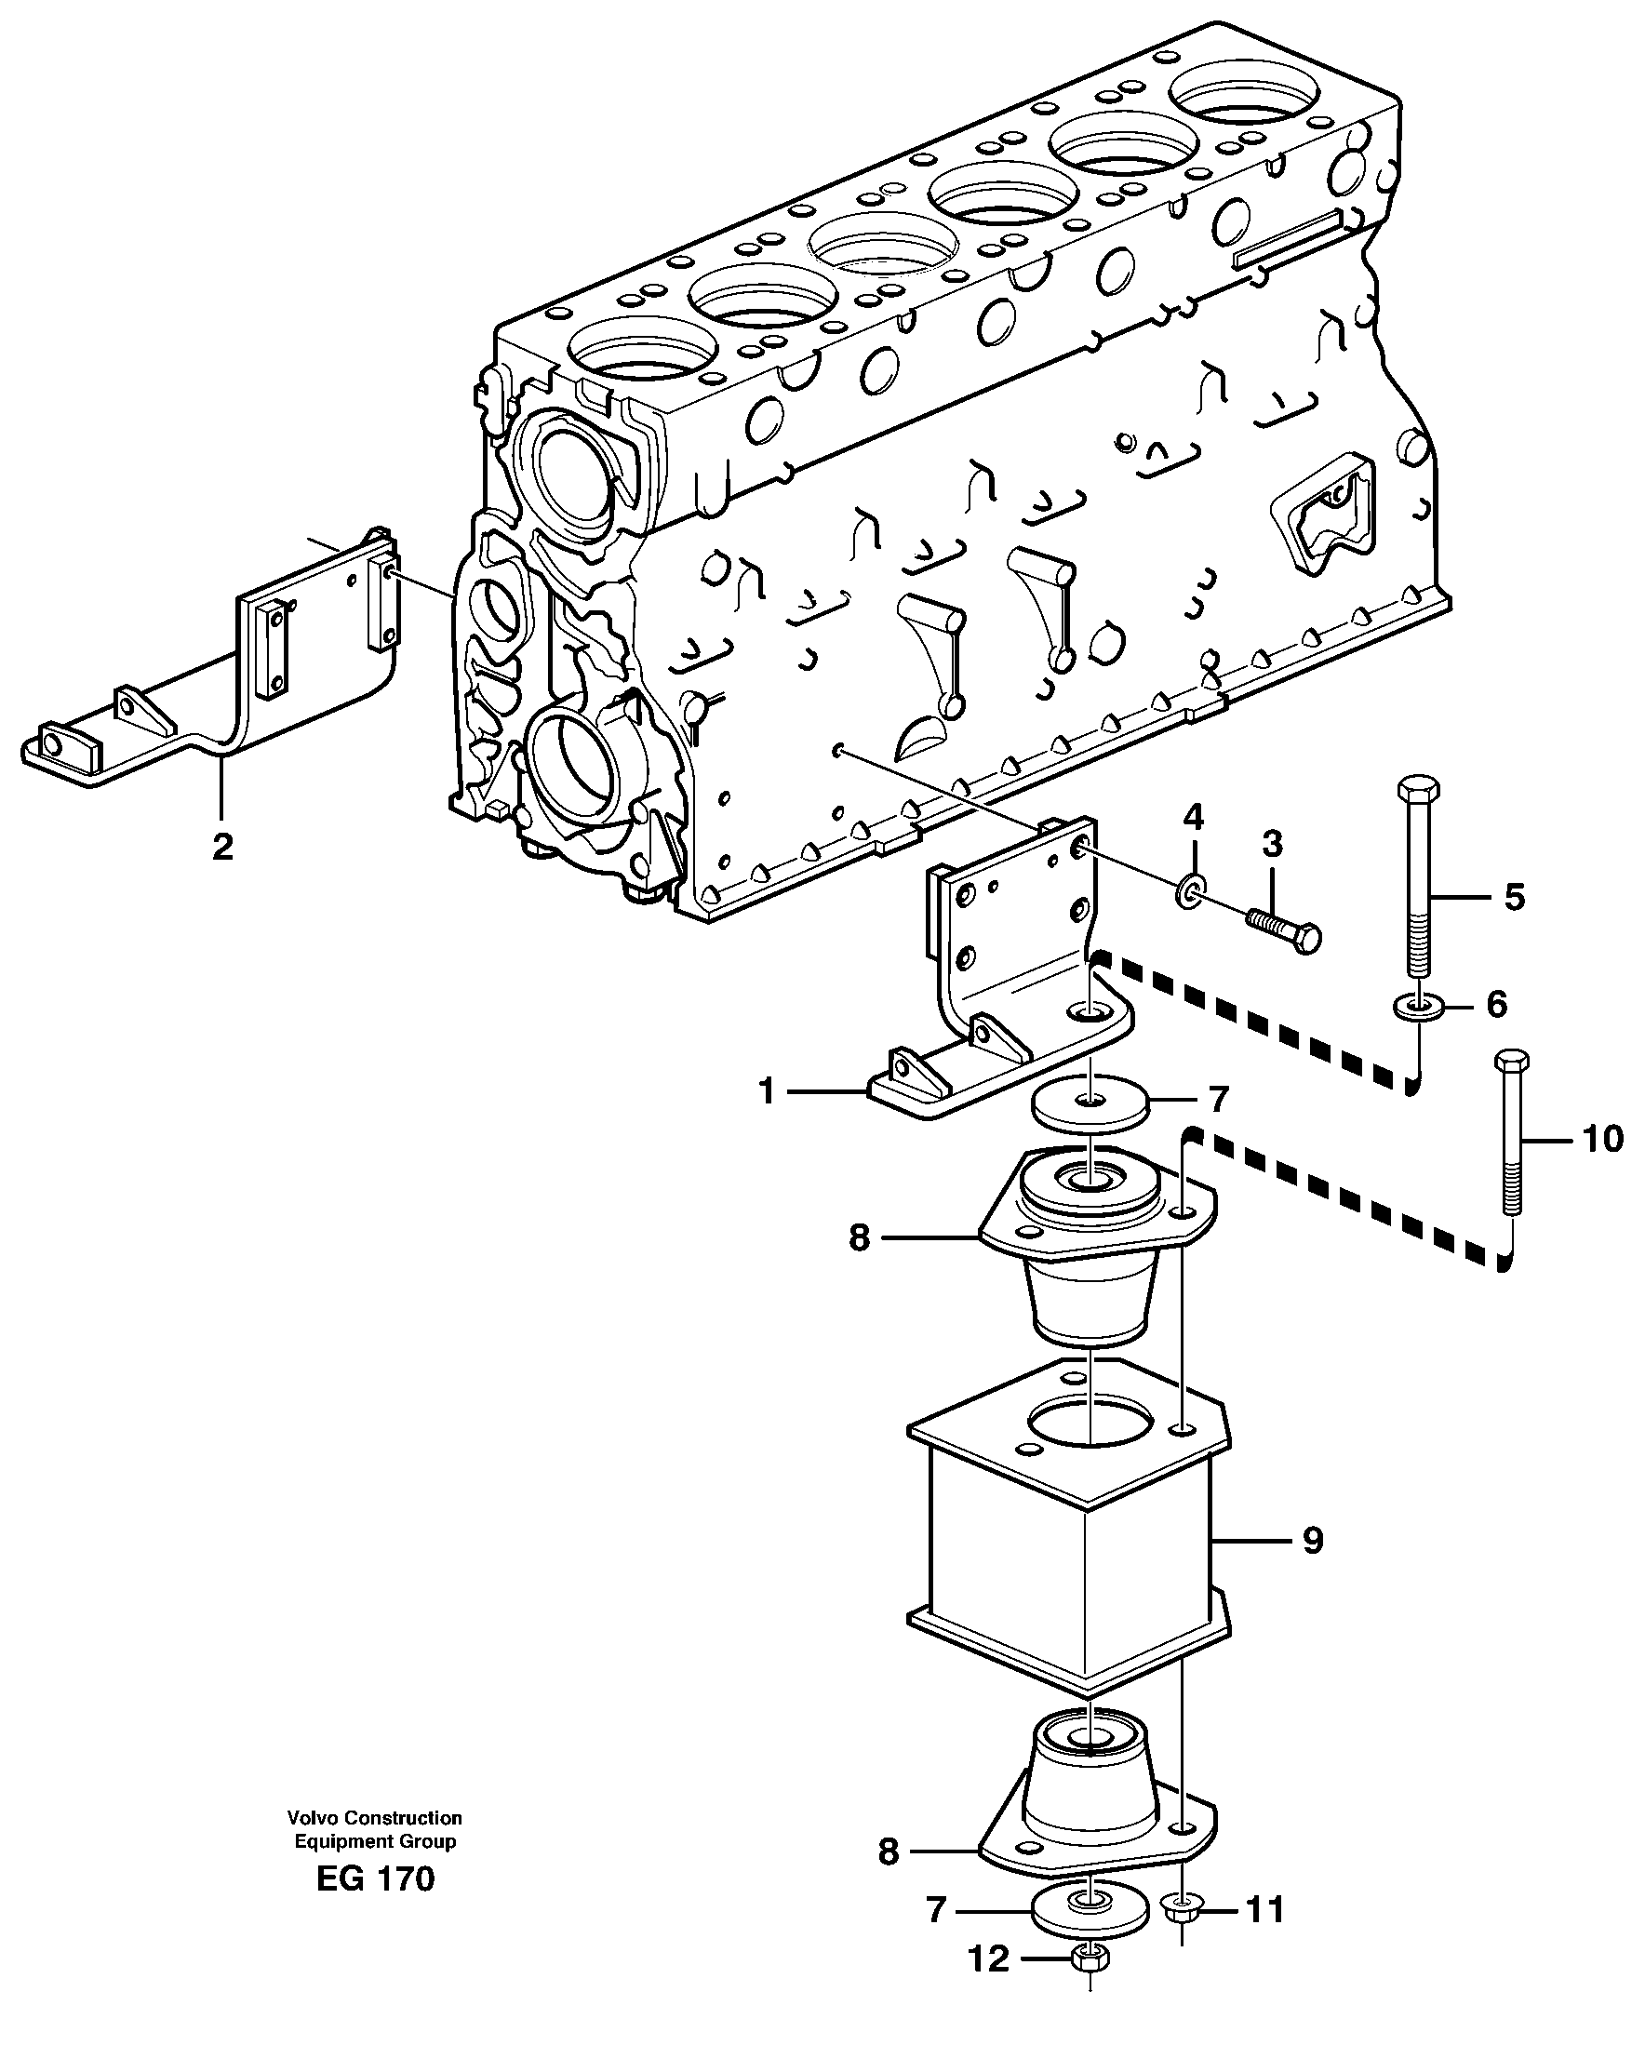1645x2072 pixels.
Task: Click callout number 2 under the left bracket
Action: pyautogui.click(x=222, y=847)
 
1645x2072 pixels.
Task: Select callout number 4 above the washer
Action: pyautogui.click(x=1193, y=818)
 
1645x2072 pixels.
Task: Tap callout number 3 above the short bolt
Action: pyautogui.click(x=1271, y=845)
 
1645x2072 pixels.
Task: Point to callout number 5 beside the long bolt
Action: pyautogui.click(x=1515, y=897)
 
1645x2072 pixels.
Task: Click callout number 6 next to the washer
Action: pyautogui.click(x=1497, y=1004)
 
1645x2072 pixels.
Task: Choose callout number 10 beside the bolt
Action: pyautogui.click(x=1602, y=1139)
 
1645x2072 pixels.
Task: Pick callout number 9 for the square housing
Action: pyautogui.click(x=1313, y=1541)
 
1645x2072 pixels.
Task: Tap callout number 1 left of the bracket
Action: pyautogui.click(x=767, y=1090)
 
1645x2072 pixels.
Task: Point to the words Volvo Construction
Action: pyautogui.click(x=374, y=1818)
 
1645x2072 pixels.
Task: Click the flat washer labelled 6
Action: pyautogui.click(x=1417, y=1006)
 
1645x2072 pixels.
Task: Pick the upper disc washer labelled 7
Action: pyautogui.click(x=1090, y=1101)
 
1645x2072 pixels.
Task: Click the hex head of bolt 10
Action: pyautogui.click(x=1511, y=1062)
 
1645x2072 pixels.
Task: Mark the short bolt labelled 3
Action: pyautogui.click(x=1283, y=929)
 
